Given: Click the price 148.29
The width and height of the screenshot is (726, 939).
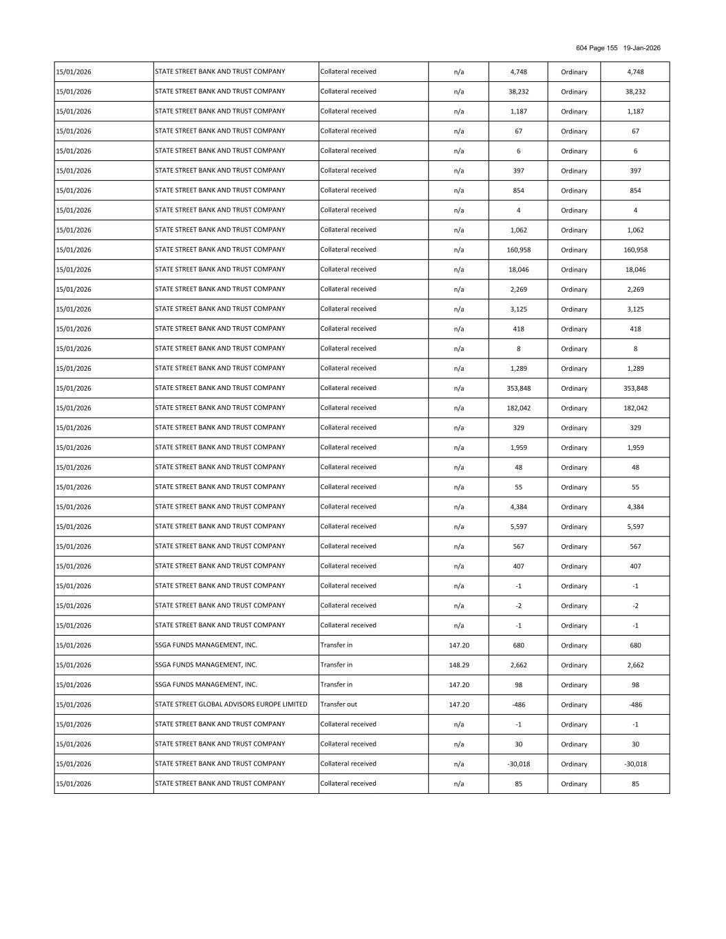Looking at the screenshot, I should (458, 665).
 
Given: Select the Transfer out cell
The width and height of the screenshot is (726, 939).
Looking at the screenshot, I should (339, 704).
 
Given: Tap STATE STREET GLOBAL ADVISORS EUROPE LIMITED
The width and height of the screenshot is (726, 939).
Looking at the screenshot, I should (231, 704).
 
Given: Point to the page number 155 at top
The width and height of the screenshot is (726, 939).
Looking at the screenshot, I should (612, 48).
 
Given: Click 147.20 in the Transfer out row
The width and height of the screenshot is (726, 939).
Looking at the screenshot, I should (458, 705).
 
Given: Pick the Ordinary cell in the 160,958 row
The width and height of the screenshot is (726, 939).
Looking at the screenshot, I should (574, 250).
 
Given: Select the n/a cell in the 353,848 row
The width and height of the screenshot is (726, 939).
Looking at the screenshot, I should (458, 389).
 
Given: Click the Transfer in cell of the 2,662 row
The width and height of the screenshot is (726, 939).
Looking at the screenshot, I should (337, 665).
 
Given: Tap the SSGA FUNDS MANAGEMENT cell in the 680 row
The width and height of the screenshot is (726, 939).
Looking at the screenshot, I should (206, 645).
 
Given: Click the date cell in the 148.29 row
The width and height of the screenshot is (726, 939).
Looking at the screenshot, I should (74, 665).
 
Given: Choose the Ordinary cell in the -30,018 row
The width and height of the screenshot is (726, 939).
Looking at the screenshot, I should (574, 764).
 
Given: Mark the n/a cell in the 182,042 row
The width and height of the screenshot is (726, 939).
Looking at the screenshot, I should (458, 409).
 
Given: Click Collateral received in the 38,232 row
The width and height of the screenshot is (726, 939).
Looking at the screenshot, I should (348, 91).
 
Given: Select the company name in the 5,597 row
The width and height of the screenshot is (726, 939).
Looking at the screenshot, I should (220, 526).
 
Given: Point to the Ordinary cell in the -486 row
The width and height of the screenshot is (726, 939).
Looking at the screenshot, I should (574, 705).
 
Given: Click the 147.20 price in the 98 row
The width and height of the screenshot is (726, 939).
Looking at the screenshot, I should (458, 685).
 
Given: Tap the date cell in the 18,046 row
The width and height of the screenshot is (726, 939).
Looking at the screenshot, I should (74, 270).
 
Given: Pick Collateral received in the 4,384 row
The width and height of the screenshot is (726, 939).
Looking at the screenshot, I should (348, 507).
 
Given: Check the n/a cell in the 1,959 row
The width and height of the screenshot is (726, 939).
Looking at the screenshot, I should (458, 448).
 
